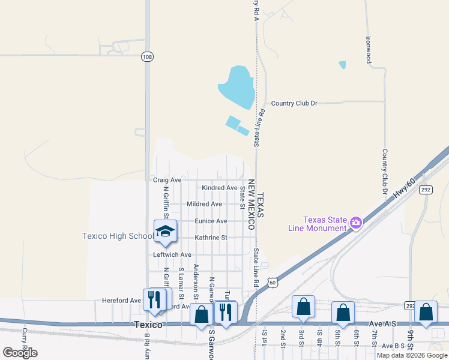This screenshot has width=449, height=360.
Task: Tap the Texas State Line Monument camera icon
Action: [x=356, y=223]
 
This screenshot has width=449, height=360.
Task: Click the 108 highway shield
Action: [x=147, y=56]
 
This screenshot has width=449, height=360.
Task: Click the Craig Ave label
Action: [x=167, y=180]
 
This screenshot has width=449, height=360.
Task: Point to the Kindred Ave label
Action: [x=219, y=188]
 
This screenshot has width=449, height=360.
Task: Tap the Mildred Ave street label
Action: [x=205, y=204]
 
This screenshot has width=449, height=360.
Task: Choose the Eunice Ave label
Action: [x=211, y=221]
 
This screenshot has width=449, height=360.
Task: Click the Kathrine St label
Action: [x=210, y=238]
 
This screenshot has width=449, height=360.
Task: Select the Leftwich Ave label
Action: [x=172, y=255]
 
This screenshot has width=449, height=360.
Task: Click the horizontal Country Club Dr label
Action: [x=294, y=103]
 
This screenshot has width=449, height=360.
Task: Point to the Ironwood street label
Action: [x=369, y=50]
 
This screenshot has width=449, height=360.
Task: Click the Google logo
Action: [x=20, y=353]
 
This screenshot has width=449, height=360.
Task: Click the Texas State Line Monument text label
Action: [x=325, y=224]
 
